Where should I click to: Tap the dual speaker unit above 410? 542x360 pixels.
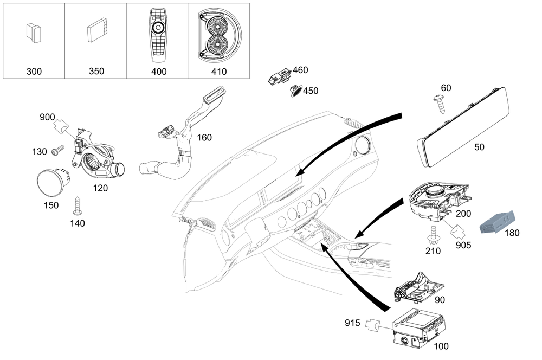coord(219,34)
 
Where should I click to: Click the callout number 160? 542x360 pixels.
coord(204,138)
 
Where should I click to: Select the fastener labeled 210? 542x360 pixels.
coord(434,235)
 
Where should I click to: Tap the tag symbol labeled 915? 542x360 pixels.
coord(372,325)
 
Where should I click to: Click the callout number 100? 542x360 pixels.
coord(441,346)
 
